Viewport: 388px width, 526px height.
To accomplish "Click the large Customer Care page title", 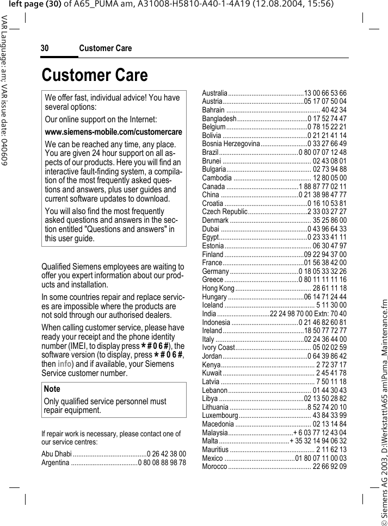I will (x=95, y=75).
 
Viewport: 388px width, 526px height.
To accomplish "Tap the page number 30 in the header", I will (x=45, y=48).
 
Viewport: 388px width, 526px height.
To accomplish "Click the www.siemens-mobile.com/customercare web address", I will (x=113, y=132).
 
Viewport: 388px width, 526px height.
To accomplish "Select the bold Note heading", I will (x=52, y=389).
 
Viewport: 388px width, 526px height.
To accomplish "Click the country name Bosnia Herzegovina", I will (x=231, y=143).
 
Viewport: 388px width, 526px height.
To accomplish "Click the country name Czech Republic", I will (x=225, y=211).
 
